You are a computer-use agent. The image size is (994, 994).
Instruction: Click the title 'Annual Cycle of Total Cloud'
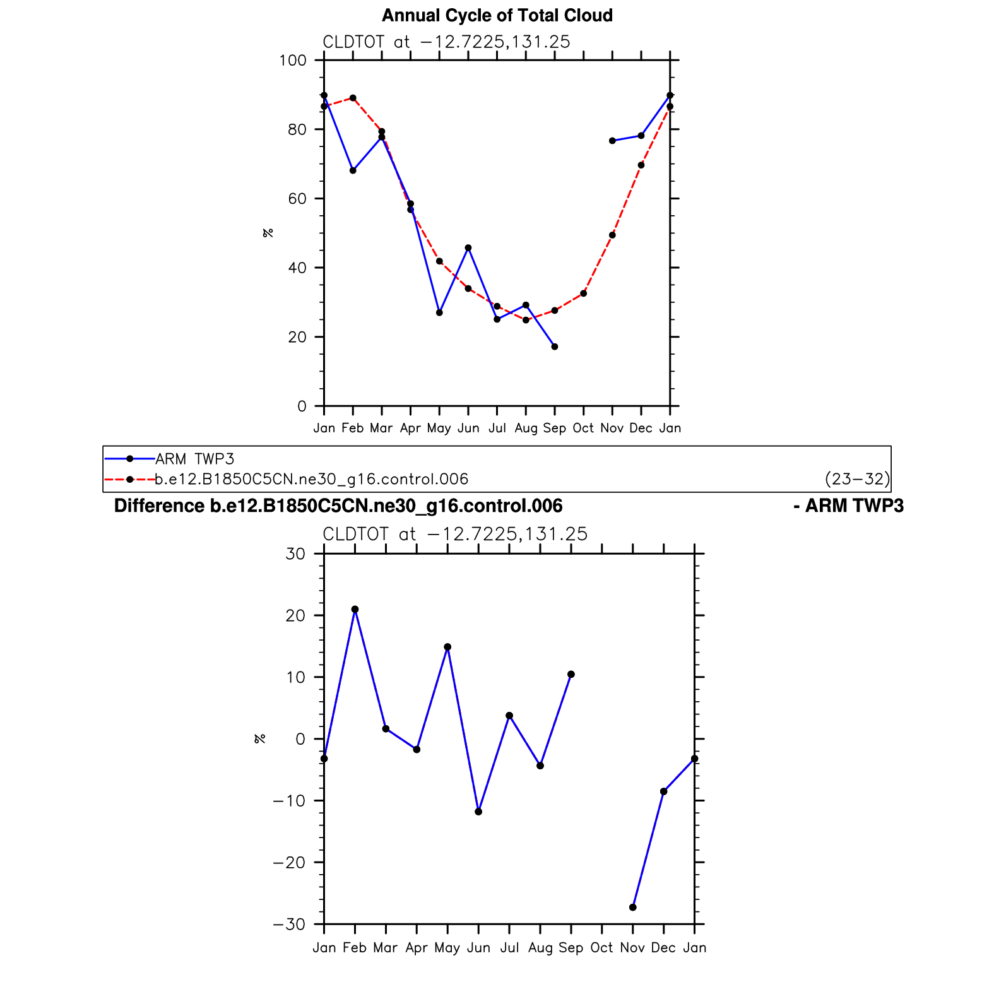[497, 16]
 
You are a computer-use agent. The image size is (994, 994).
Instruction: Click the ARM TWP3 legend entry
[194, 459]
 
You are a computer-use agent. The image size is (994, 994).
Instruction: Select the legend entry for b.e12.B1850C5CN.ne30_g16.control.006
[311, 480]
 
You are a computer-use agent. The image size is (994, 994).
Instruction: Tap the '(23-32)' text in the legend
[856, 480]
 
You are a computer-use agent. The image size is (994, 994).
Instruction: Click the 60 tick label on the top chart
[297, 199]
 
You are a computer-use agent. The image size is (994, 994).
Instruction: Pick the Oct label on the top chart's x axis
[583, 429]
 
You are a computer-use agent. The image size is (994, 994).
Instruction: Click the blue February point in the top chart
[353, 170]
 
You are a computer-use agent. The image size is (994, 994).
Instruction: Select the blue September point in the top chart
[555, 346]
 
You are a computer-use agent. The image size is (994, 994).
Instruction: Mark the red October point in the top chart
[584, 293]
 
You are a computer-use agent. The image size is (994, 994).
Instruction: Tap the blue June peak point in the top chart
[468, 248]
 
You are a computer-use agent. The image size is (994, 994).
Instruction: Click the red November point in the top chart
[612, 235]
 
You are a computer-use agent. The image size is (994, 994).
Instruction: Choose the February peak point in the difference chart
[355, 610]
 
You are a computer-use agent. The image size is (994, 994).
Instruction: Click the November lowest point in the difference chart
[633, 908]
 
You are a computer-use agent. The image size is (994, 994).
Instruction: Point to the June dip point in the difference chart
[478, 812]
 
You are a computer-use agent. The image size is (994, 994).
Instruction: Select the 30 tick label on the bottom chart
[295, 554]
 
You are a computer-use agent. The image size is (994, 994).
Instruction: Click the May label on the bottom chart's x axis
[447, 948]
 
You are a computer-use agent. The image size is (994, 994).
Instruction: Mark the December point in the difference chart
[663, 791]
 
